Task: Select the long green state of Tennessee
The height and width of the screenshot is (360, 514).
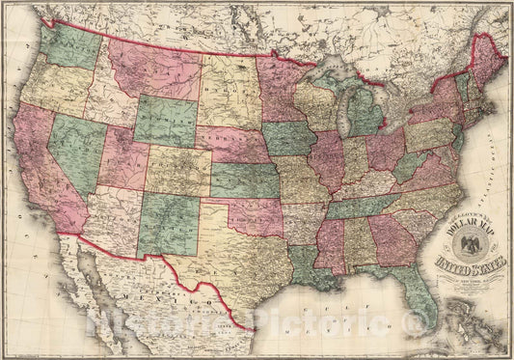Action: click(362, 205)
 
